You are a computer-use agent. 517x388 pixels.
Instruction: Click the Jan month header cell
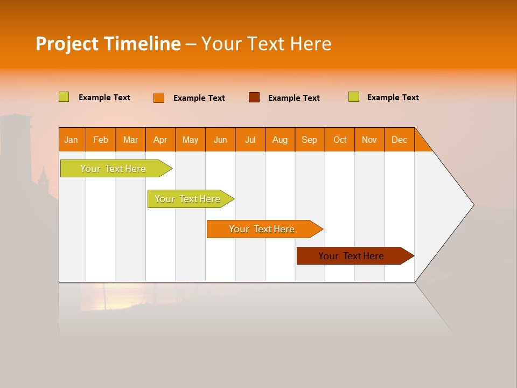tap(72, 140)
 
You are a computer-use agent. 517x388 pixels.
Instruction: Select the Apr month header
tap(160, 140)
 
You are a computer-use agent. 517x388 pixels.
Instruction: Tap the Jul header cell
tap(250, 140)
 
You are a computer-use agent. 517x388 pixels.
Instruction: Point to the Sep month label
tap(310, 140)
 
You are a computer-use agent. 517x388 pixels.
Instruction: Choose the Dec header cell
tap(399, 140)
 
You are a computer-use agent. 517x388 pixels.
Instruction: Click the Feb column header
tap(101, 140)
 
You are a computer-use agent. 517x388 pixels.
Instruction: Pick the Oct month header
tap(340, 140)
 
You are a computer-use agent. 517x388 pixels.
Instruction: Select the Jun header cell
tap(220, 140)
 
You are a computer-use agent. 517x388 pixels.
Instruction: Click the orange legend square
tap(159, 98)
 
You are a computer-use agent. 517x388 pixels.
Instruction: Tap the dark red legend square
tap(254, 97)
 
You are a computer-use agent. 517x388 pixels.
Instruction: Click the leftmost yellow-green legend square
tap(64, 97)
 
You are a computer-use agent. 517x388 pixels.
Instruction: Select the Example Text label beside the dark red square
tap(294, 98)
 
